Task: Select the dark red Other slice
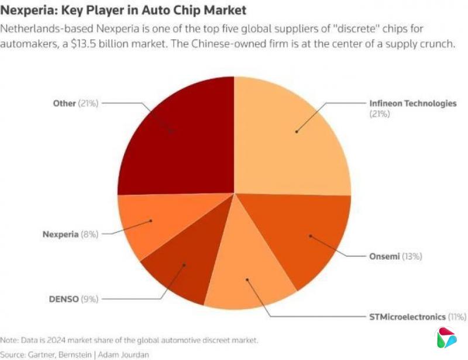coord(175,134)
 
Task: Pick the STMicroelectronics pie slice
coord(249,281)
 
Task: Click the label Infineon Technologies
coord(412,103)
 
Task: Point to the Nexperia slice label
coord(61,234)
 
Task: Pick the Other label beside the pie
coord(64,103)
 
